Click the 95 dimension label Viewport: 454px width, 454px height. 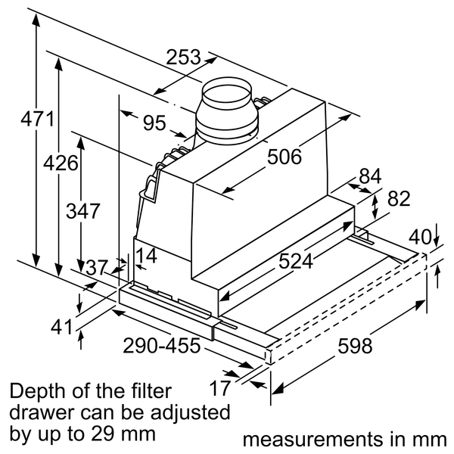[x=154, y=122]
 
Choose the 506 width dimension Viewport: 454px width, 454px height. [x=284, y=157]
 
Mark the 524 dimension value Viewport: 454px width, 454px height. [x=296, y=261]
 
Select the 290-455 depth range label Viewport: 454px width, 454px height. [x=161, y=346]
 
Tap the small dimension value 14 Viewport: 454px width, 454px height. [x=146, y=257]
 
